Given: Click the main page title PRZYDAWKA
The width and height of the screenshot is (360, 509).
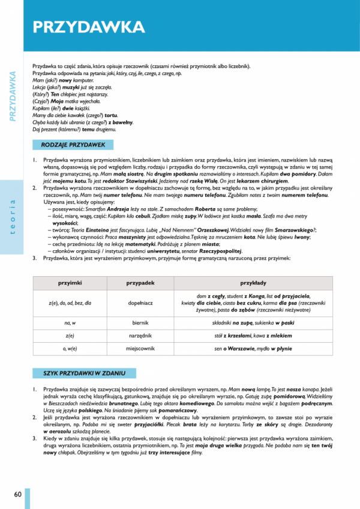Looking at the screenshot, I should pos(88,27).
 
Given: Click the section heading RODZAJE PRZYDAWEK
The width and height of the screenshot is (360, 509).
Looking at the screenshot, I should pos(73,145).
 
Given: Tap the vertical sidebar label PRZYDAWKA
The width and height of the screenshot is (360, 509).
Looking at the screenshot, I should pos(12,96).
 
